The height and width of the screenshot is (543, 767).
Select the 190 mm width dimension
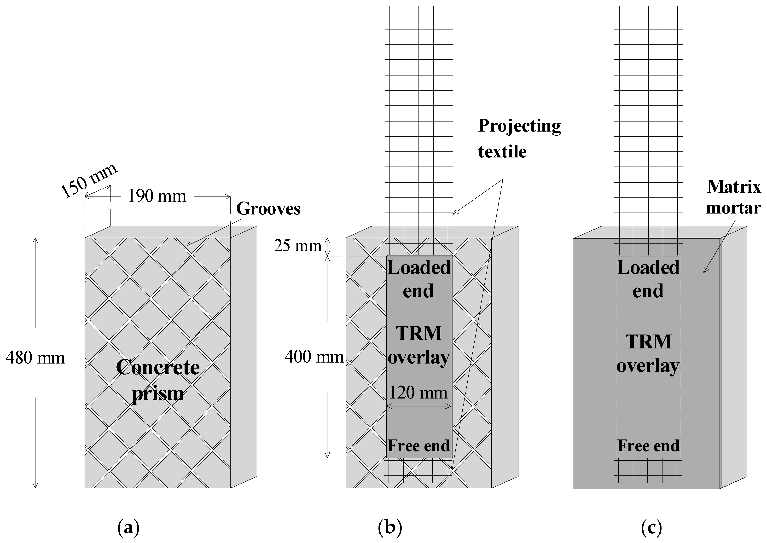click(x=157, y=196)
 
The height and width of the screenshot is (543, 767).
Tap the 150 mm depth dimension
click(x=89, y=181)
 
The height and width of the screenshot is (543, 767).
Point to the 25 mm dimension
click(x=297, y=246)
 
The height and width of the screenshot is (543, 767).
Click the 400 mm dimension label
click(x=314, y=357)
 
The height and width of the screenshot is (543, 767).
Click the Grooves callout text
click(x=268, y=209)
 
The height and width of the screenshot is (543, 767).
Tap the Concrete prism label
click(x=158, y=380)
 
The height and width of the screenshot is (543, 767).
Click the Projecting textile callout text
click(x=519, y=139)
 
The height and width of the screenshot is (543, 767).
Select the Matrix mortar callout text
click(x=734, y=197)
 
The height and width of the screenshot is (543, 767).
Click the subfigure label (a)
click(x=128, y=528)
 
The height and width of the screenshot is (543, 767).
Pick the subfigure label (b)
click(x=390, y=528)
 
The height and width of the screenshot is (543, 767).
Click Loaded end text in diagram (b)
click(x=418, y=279)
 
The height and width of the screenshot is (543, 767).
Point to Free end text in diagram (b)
click(x=418, y=446)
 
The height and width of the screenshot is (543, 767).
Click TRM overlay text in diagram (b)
click(x=418, y=345)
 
